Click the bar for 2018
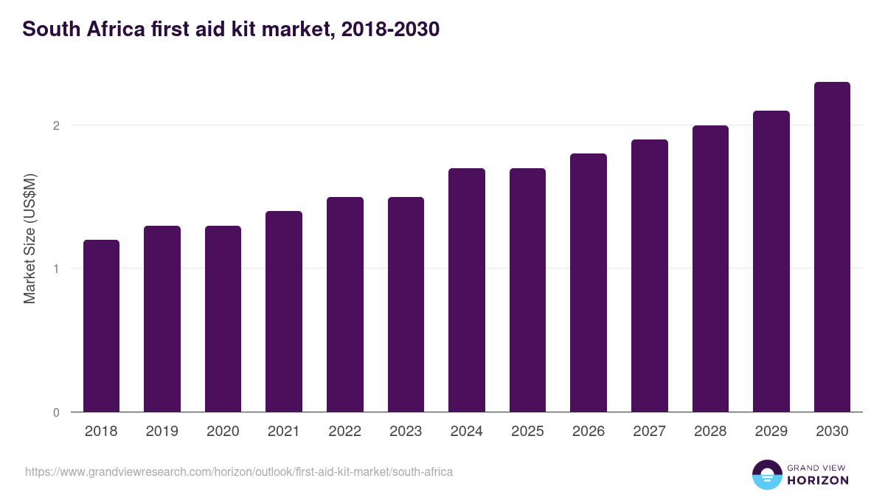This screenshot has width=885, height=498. pyautogui.click(x=101, y=325)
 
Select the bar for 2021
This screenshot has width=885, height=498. pyautogui.click(x=284, y=311)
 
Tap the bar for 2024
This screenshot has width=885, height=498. pyautogui.click(x=467, y=290)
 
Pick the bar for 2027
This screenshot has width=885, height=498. pyautogui.click(x=650, y=275)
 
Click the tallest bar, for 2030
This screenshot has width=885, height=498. pyautogui.click(x=832, y=246)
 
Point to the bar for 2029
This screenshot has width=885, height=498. pyautogui.click(x=771, y=261)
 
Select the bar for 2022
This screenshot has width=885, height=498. pyautogui.click(x=345, y=304)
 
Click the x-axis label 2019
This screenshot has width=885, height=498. pyautogui.click(x=162, y=432)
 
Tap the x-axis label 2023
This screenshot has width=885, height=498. pyautogui.click(x=406, y=432)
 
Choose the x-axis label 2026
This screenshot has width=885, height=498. pyautogui.click(x=589, y=432)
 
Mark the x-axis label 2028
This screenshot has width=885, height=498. pyautogui.click(x=710, y=432)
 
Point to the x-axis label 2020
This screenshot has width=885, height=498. pyautogui.click(x=223, y=432)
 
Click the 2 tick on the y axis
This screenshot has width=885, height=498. pyautogui.click(x=55, y=125)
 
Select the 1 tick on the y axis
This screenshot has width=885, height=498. pyautogui.click(x=55, y=269)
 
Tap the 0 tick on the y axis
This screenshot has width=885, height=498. pyautogui.click(x=55, y=412)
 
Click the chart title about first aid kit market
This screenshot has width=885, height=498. pyautogui.click(x=231, y=30)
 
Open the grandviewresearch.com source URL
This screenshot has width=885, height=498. pyautogui.click(x=239, y=471)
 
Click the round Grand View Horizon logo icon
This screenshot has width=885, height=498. pyautogui.click(x=766, y=474)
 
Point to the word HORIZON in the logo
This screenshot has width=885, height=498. pyautogui.click(x=818, y=480)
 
